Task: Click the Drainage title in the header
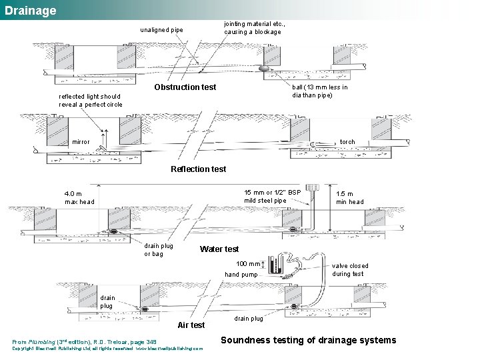click(31, 11)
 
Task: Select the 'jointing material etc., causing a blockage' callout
click(253, 27)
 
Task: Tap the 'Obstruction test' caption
click(185, 87)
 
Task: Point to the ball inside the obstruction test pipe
click(265, 67)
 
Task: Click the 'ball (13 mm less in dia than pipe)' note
click(320, 91)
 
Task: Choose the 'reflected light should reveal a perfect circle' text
click(91, 100)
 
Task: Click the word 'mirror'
click(81, 142)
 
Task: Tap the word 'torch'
click(347, 142)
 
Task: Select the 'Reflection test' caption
click(198, 169)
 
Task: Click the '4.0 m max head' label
click(79, 197)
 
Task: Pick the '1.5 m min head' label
click(349, 198)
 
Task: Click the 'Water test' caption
click(219, 249)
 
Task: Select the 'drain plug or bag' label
click(159, 249)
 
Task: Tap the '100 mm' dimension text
click(249, 265)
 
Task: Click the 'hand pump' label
click(241, 275)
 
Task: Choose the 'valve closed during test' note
click(350, 269)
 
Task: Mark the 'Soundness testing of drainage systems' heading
click(308, 340)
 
